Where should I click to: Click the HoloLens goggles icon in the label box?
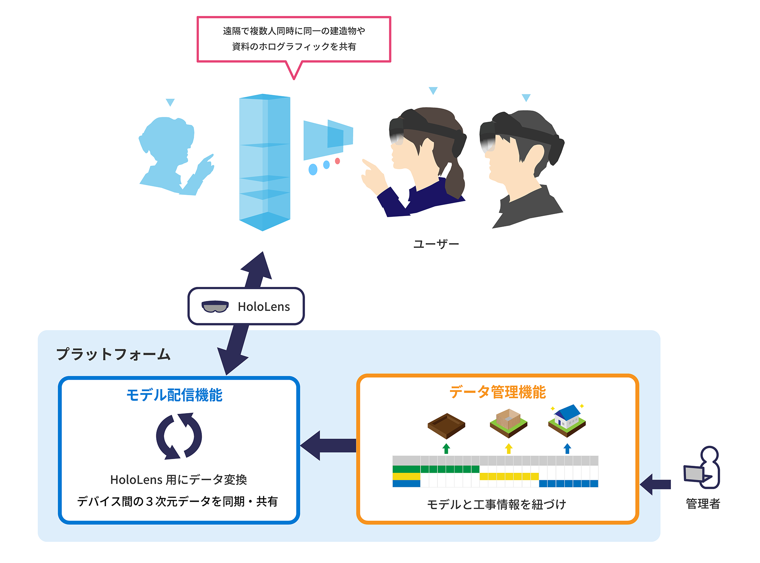215,307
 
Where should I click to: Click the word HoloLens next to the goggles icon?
264,307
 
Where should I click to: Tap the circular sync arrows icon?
179,436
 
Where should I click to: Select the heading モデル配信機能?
174,395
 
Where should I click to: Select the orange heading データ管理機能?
498,392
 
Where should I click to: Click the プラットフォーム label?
114,354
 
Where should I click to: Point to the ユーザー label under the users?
436,244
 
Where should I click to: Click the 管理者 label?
703,504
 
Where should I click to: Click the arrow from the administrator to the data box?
656,484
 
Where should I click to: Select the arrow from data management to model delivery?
328,445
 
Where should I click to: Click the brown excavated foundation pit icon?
446,425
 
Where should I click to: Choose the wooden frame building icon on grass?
508,423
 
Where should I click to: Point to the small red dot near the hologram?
337,161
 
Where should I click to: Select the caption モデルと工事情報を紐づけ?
497,504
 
